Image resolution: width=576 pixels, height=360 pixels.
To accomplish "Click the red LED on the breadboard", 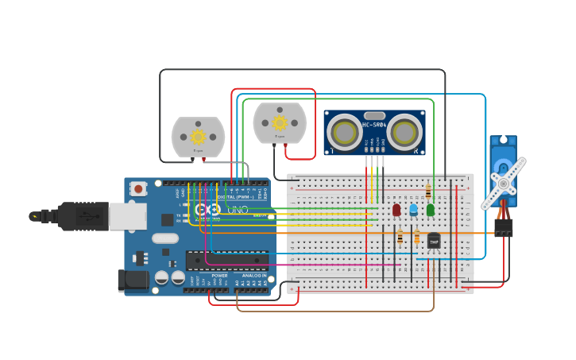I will tap(396, 209).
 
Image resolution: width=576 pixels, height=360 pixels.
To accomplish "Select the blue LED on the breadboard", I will tap(413, 209).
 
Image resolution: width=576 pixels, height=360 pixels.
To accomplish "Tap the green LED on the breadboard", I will tap(431, 209).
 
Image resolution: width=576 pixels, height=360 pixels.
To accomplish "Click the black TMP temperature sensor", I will tap(434, 240).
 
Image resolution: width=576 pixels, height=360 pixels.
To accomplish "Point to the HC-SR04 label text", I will tap(375, 125).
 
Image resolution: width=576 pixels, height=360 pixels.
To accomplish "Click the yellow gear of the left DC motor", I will tap(198, 137).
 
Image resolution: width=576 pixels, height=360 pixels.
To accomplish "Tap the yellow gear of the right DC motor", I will tap(280, 122).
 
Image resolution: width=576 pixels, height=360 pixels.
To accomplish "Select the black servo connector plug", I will tap(503, 228).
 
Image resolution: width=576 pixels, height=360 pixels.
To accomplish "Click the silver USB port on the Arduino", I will tap(127, 215).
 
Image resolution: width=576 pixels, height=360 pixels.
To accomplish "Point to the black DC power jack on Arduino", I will tap(133, 280).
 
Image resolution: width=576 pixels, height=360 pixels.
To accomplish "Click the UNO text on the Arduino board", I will tap(238, 211).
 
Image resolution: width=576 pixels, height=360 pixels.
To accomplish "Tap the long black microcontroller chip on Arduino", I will tap(226, 260).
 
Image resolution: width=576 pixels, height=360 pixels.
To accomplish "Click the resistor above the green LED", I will tap(429, 191).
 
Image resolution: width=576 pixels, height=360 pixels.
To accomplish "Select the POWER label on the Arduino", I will tap(219, 276).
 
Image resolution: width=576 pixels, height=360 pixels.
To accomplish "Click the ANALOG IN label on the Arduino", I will tap(254, 276).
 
